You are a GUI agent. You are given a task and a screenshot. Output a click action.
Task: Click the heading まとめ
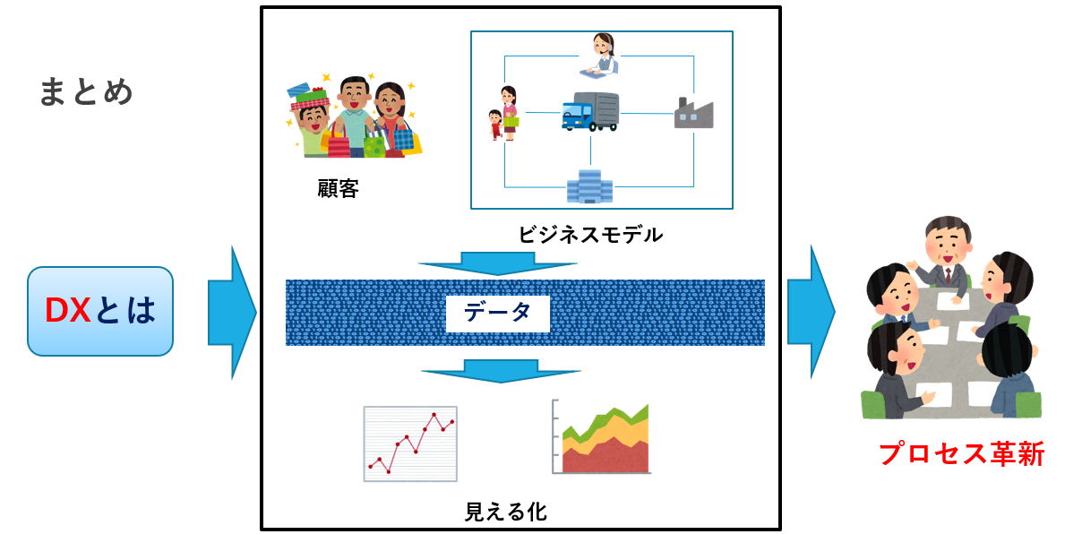click(86, 91)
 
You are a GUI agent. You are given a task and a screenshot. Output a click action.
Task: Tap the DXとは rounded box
click(100, 311)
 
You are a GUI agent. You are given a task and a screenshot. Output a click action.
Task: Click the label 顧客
click(338, 188)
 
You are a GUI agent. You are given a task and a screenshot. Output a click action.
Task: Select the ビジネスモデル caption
click(590, 235)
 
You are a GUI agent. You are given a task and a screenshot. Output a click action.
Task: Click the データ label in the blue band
click(497, 312)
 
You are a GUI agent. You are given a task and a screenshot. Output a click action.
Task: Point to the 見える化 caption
click(505, 511)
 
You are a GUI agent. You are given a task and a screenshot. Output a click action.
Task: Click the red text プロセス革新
click(961, 454)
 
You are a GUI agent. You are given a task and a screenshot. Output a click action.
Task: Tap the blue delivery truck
click(590, 111)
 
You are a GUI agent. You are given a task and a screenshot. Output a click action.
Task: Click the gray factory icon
click(693, 112)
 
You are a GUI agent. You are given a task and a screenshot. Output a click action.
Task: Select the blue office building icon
click(589, 186)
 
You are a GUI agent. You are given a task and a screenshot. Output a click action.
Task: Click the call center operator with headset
click(599, 55)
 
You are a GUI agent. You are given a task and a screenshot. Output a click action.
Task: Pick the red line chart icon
click(410, 444)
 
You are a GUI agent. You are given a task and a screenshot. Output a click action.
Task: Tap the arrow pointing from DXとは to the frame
click(232, 313)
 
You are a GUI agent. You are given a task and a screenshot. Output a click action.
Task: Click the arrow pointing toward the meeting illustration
click(811, 312)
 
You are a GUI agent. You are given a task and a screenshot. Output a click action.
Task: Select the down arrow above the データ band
click(498, 263)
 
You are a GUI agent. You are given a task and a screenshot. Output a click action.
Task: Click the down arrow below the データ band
click(501, 371)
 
